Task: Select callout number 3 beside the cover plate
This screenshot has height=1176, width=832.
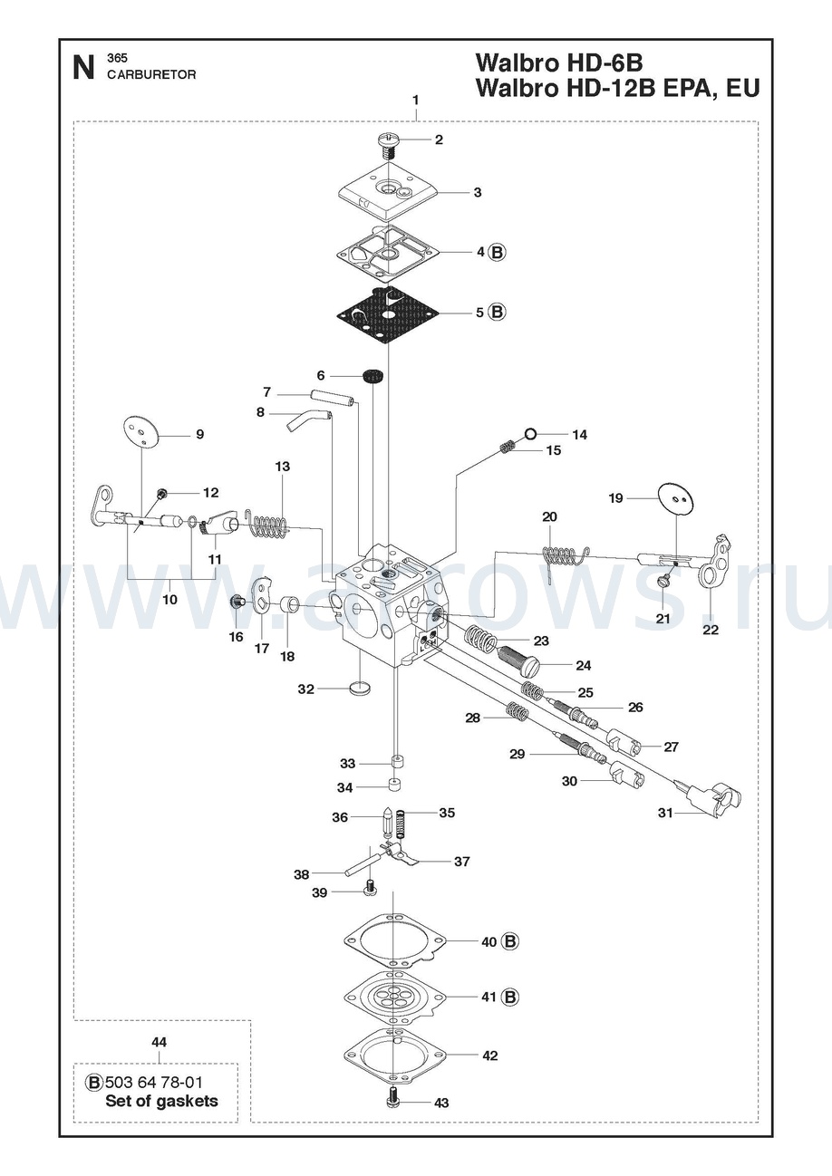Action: (477, 193)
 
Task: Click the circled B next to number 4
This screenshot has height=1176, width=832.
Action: (497, 252)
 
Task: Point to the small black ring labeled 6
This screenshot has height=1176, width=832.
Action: (372, 377)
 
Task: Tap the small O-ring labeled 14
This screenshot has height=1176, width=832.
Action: (530, 434)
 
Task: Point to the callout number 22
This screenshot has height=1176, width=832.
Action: (711, 630)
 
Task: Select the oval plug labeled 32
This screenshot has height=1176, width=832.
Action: (360, 689)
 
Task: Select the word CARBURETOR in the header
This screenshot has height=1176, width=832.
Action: (151, 74)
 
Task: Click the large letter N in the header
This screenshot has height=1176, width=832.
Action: (83, 69)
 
